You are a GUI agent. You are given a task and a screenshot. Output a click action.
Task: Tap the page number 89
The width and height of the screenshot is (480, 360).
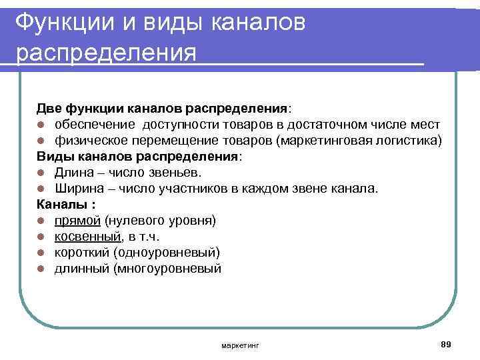pyautogui.click(x=446, y=343)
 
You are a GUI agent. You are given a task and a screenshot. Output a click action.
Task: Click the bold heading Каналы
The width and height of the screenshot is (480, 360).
pyautogui.click(x=59, y=205)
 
